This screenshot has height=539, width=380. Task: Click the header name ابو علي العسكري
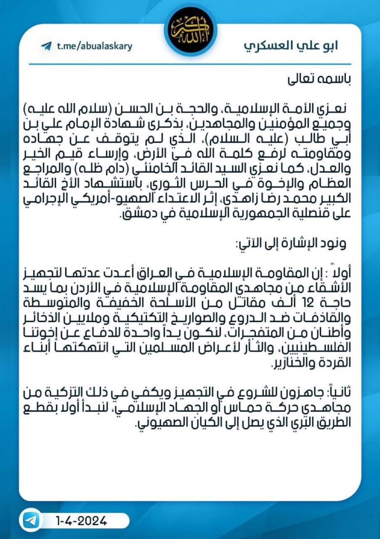point(291,45)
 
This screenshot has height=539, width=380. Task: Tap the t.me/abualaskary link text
point(94,46)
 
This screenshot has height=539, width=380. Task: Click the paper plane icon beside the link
point(46,46)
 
